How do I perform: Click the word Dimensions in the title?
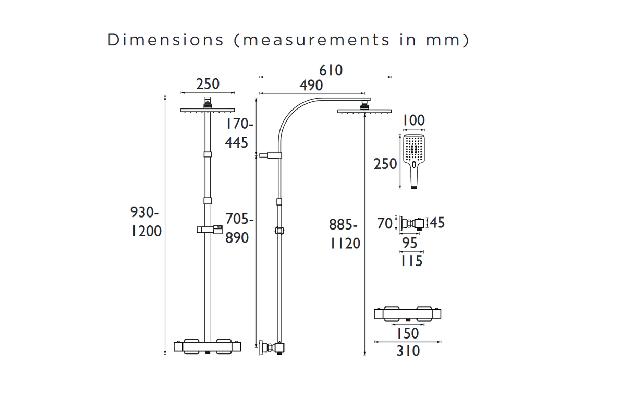pos(165,40)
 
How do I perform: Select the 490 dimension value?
pos(311,85)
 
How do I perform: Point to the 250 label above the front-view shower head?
pos(208,83)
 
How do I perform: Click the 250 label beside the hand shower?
pos(385,164)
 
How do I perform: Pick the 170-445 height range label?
pos(239,133)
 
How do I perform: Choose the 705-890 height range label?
pos(239,228)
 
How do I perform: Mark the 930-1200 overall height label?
pos(146,222)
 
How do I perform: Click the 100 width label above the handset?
pos(414,120)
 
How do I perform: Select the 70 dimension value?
pos(385,224)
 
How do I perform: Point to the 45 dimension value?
pos(437,223)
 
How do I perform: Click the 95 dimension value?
pos(410,243)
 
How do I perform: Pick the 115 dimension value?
pos(411,261)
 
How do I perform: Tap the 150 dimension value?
pos(407,333)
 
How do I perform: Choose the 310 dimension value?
pos(407,351)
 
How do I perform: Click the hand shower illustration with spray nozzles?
pos(414,161)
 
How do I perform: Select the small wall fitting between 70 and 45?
pos(412,223)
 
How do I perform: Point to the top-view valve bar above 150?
pos(407,314)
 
